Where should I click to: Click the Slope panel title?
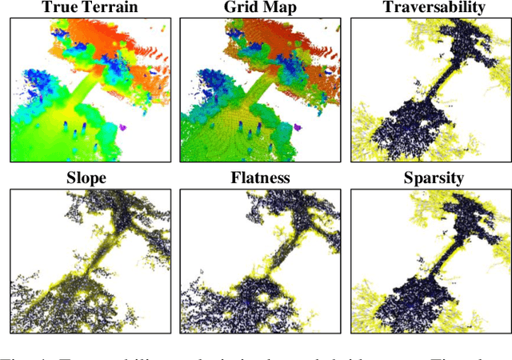86,178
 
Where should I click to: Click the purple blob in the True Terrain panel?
123,127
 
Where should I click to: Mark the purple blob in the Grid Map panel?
296,126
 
